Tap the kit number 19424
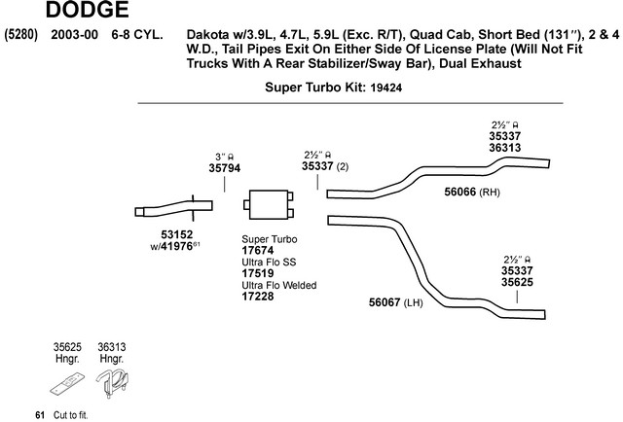pyautogui.click(x=397, y=87)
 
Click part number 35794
pyautogui.click(x=225, y=167)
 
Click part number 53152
pyautogui.click(x=177, y=234)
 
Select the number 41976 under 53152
pyautogui.click(x=183, y=247)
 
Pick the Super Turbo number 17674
pyautogui.click(x=258, y=250)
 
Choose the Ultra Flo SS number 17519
pyautogui.click(x=258, y=273)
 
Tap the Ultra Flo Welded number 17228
pyautogui.click(x=258, y=297)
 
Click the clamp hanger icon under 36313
pyautogui.click(x=113, y=380)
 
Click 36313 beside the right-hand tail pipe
pyautogui.click(x=511, y=149)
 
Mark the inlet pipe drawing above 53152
pyautogui.click(x=175, y=208)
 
